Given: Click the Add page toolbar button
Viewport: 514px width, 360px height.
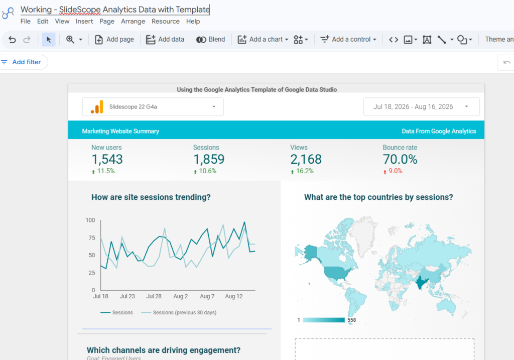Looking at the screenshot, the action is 114,39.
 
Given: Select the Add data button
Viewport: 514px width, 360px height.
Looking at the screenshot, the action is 165,39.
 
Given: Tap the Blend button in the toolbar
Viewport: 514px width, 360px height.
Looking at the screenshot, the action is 211,39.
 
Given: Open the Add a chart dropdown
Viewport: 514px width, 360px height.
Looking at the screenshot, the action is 263,39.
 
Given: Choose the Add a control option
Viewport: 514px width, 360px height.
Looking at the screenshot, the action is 348,39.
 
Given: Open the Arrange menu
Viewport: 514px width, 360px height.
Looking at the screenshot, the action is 133,21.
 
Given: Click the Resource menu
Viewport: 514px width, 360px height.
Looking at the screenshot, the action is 166,21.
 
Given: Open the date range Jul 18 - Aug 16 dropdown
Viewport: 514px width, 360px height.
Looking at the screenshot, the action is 421,106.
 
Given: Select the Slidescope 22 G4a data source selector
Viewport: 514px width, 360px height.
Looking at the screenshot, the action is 153,106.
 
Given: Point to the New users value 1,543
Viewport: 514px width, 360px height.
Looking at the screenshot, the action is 107,159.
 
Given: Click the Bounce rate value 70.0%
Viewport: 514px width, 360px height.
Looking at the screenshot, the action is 400,159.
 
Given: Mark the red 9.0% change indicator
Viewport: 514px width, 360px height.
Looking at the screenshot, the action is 393,171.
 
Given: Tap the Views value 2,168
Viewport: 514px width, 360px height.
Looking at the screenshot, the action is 306,159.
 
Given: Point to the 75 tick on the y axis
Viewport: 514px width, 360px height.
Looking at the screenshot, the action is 92,237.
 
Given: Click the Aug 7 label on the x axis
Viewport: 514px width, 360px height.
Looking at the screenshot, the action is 207,296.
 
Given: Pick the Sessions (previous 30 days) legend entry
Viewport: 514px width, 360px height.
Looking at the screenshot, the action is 179,313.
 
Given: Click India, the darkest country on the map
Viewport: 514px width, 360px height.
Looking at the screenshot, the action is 421,282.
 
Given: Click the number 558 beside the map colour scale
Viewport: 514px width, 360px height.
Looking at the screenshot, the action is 352,320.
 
